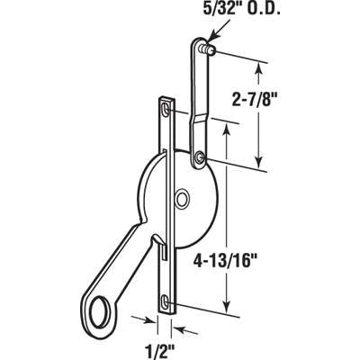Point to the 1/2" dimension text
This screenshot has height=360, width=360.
pos(153,343)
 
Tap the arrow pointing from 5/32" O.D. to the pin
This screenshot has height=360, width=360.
pos(219,32)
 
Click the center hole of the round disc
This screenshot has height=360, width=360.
pos(184,196)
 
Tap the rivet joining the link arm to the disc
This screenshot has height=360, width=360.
pos(198,162)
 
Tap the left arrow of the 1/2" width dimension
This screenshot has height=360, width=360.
pos(146,319)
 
